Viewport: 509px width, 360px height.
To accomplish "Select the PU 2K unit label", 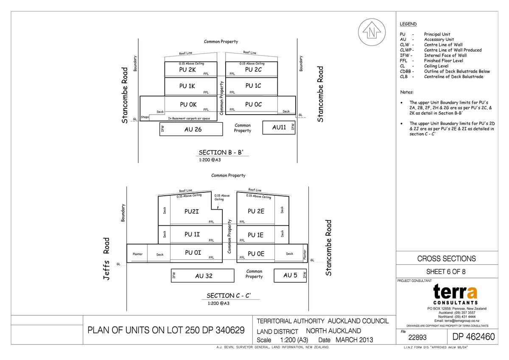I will point(187,70).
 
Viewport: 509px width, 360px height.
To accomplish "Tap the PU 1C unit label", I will point(253,86).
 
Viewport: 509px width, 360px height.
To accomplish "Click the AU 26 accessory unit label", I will point(193,129).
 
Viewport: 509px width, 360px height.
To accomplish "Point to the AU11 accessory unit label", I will point(279,127).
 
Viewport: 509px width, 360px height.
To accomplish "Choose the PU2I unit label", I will point(192,211).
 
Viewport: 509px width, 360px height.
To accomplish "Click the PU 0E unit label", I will point(256,254).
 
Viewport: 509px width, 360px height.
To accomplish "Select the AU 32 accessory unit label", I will point(204,276).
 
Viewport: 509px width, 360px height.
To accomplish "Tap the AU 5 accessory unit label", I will point(290,276).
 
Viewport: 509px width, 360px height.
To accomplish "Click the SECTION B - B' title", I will point(221,153).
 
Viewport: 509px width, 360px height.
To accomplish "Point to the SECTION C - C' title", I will point(231,295).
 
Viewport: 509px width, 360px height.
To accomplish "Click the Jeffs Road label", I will point(106,258).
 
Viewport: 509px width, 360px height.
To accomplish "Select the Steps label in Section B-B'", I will point(145,116).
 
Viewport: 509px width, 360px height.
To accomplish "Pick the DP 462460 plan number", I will point(473,337).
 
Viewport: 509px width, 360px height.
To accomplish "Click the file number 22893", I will point(417,338).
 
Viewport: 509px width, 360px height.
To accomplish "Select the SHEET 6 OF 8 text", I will point(446,272).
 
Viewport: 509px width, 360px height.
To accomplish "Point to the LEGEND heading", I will point(408,24).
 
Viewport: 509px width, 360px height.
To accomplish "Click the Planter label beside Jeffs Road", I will point(137,254).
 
